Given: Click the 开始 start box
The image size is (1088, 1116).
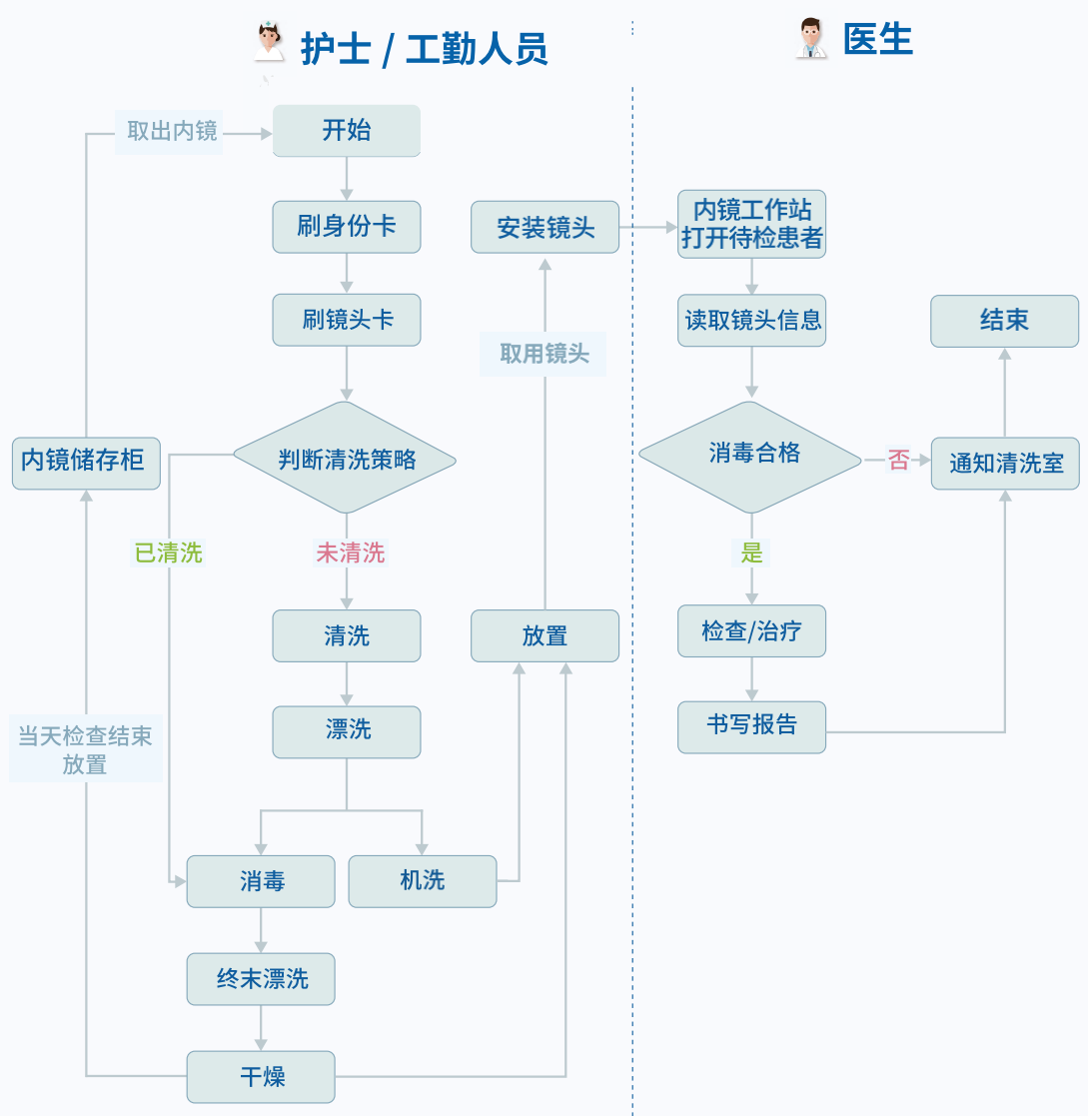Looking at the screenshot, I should tap(346, 130).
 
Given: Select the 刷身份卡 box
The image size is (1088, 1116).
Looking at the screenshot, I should tap(346, 227).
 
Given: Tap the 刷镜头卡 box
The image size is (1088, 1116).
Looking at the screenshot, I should tap(346, 320).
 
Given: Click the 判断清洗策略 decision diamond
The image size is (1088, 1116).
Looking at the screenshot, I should tap(345, 459).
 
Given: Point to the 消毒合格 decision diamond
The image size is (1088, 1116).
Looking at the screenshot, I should tap(750, 455).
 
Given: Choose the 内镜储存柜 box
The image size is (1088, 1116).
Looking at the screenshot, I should tap(86, 461).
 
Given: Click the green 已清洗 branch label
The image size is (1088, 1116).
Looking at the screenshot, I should tap(168, 553).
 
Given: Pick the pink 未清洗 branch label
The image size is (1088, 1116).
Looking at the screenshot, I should tap(350, 553).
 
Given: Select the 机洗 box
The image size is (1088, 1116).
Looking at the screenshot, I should tap(422, 881).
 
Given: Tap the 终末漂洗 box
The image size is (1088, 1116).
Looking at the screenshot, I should tap(261, 979).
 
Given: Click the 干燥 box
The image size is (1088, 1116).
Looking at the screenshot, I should tap(261, 1076).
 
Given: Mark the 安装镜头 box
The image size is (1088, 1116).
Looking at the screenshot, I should tap(544, 228).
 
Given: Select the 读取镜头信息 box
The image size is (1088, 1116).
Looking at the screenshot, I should tap(751, 320).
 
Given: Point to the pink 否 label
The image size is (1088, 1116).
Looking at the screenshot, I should tap(899, 461).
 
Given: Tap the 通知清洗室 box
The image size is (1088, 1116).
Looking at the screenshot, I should tap(1005, 464).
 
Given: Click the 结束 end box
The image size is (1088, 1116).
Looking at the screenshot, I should tap(1004, 320).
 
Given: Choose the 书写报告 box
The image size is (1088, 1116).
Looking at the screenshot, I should tap(751, 726).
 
